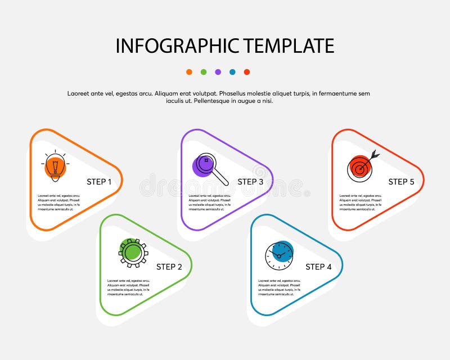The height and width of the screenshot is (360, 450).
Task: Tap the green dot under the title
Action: click(x=204, y=72)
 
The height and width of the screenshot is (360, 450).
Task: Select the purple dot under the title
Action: click(x=218, y=72)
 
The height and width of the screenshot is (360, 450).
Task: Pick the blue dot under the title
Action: click(x=232, y=72)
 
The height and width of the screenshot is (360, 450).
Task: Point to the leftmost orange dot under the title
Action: click(x=189, y=72)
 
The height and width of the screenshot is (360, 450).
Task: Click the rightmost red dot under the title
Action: click(x=247, y=72)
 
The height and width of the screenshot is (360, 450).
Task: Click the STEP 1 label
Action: click(x=99, y=182)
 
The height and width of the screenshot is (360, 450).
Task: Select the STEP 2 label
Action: click(x=169, y=267)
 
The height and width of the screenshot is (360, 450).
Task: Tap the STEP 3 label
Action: click(x=250, y=182)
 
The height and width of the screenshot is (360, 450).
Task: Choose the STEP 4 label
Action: click(x=318, y=267)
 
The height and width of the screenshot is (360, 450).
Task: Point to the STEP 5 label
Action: click(x=401, y=182)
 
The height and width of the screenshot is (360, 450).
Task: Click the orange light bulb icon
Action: click(x=55, y=166)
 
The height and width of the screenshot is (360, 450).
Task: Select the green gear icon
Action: click(x=133, y=252)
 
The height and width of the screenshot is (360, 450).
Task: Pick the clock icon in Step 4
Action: click(x=279, y=255)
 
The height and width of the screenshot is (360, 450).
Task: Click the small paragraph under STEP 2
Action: click(x=129, y=287)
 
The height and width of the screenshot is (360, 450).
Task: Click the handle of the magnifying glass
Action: click(x=221, y=178)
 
